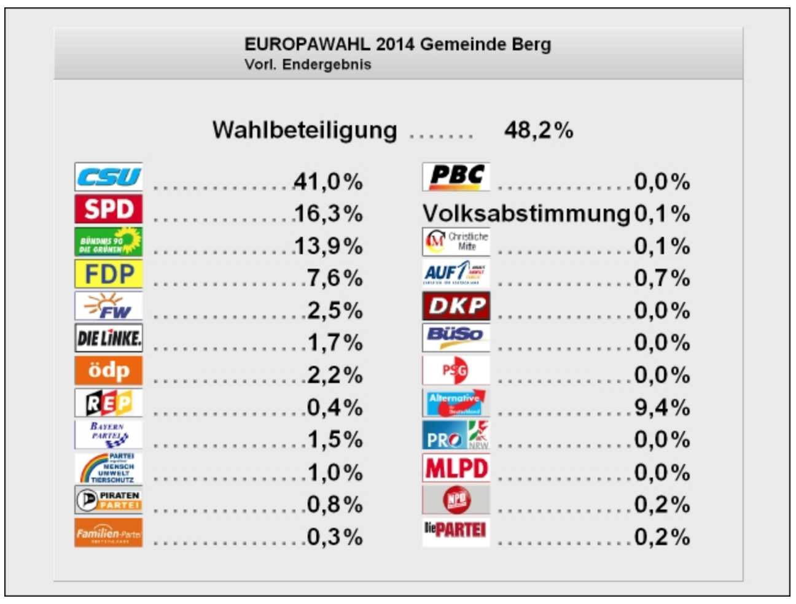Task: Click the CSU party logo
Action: click(108, 177)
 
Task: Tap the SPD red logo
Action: click(108, 209)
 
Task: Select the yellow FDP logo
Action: click(108, 274)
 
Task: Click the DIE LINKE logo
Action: click(108, 338)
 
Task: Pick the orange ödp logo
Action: click(108, 370)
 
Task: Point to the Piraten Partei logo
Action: click(108, 500)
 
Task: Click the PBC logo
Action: click(456, 177)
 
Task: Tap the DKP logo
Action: click(456, 306)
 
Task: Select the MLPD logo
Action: click(456, 468)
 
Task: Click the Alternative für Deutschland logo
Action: click(456, 403)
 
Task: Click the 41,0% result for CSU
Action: click(328, 182)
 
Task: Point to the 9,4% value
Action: click(661, 408)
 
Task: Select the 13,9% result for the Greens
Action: click(328, 246)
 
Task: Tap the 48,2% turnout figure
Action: click(539, 130)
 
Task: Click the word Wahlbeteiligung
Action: click(305, 130)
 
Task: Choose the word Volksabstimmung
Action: click(526, 214)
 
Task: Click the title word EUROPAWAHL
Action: click(307, 44)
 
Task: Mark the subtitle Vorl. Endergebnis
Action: click(308, 64)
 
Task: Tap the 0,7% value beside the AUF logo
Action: click(661, 279)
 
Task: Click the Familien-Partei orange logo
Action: click(108, 533)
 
